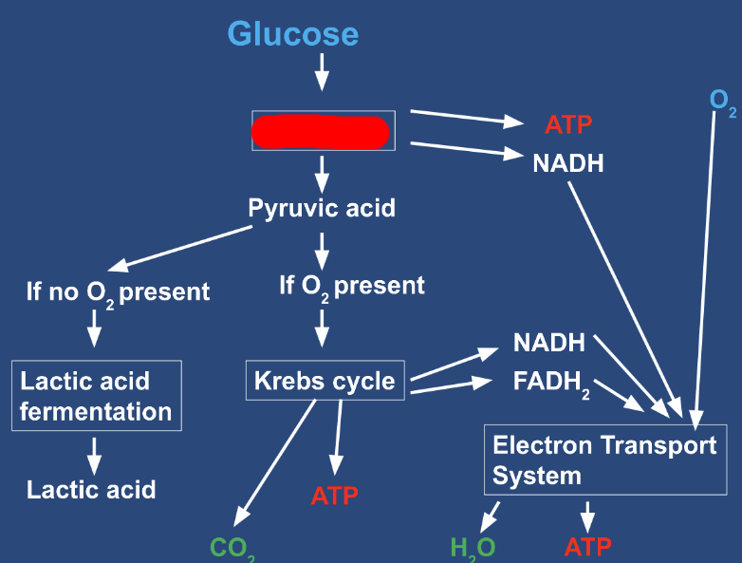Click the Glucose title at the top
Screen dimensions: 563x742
coord(293,34)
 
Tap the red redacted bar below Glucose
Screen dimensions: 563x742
coord(321,132)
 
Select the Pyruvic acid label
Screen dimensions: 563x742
coord(322,208)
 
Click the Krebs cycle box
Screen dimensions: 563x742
coord(325,382)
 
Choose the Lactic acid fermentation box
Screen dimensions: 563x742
coord(96,397)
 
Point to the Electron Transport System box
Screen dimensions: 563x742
coord(604,460)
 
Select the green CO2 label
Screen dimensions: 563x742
coord(232,548)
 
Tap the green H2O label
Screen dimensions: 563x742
coord(473,548)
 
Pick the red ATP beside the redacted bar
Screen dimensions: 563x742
coord(568,124)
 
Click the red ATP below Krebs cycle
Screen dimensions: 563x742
coord(335,495)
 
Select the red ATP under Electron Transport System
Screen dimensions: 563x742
coord(587,547)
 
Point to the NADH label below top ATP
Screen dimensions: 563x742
coord(568,162)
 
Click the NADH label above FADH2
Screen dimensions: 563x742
coord(549,343)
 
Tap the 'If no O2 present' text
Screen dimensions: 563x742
coord(118,291)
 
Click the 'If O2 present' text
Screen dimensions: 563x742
coord(352,285)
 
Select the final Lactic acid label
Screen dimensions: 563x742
coord(91,490)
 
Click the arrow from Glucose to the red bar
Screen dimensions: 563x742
coord(322,72)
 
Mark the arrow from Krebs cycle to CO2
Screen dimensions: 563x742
coord(275,460)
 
